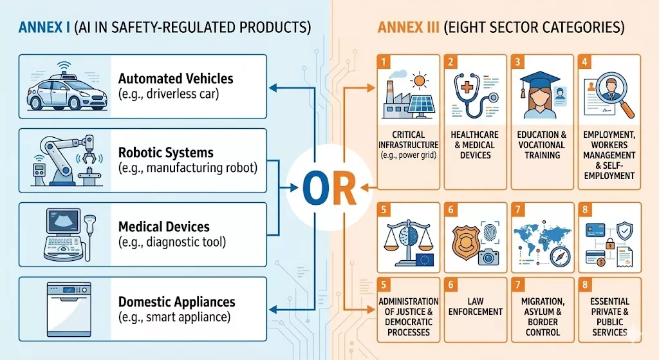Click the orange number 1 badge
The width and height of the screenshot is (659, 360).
coord(383,62)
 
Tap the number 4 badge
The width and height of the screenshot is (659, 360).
coord(584,62)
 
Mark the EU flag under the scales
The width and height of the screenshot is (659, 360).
coord(425,260)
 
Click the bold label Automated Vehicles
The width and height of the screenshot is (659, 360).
coord(176,79)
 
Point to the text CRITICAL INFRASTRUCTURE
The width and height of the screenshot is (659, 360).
coord(409,140)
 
